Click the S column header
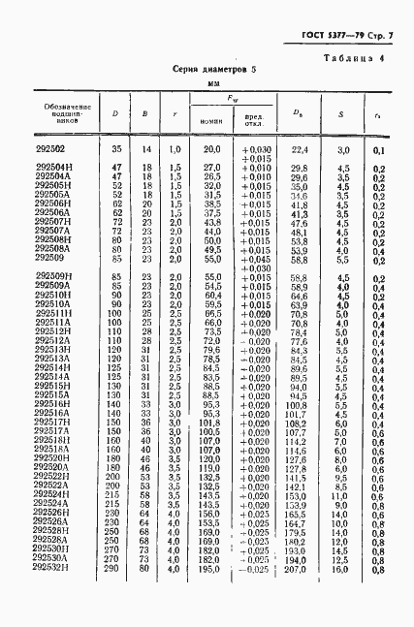click(343, 113)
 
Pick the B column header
click(144, 113)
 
